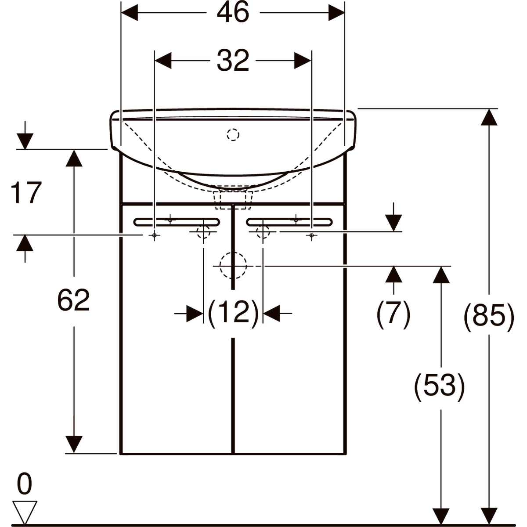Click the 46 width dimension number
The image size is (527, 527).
coord(233,12)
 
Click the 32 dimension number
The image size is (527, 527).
coord(233,60)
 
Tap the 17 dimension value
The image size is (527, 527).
coord(26,192)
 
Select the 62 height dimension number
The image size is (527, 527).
coord(74,300)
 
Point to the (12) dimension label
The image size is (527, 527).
coord(233,313)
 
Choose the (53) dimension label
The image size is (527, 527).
coord(440,387)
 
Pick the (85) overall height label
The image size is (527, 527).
coord(489,317)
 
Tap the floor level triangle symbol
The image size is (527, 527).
coord(25,512)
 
